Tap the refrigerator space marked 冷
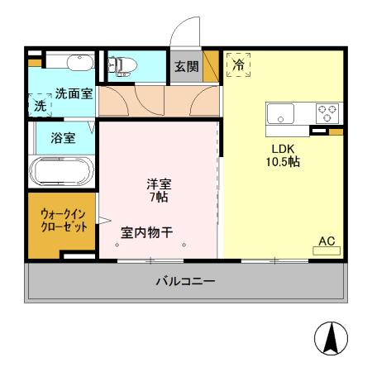point(238,63)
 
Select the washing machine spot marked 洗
point(41,105)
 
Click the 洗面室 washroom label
point(74,94)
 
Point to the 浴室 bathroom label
point(63,138)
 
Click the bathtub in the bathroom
point(62,171)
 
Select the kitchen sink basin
point(281,114)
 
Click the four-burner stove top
point(327,112)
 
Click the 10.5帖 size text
point(282,162)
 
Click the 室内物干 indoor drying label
point(147,232)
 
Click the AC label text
point(327,241)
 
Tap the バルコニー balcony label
point(185,282)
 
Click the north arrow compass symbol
point(330,338)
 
